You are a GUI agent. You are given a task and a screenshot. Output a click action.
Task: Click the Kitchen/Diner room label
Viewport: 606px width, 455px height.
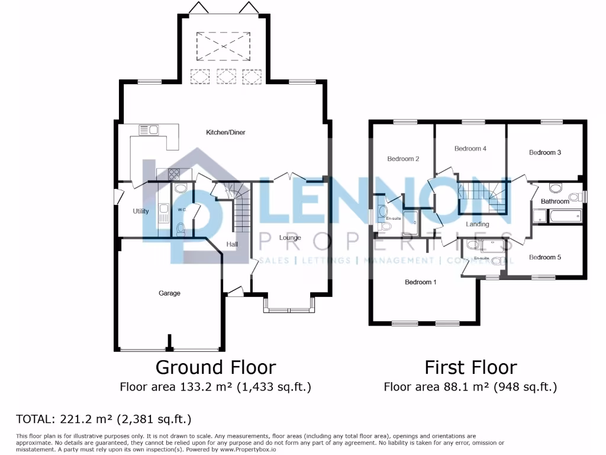[x=225, y=132]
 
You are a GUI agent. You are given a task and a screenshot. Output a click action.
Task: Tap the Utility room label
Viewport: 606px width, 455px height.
[x=141, y=211]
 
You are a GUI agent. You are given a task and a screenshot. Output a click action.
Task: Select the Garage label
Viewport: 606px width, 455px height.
[x=169, y=293]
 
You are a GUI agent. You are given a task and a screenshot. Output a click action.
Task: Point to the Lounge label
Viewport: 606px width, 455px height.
[x=290, y=238]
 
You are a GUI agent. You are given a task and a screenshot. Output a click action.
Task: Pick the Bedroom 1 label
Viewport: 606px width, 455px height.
[x=421, y=282]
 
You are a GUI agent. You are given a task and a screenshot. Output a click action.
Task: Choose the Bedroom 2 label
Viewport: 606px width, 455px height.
[x=403, y=159]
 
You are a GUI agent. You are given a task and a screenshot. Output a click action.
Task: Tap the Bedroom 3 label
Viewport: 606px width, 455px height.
[x=545, y=152]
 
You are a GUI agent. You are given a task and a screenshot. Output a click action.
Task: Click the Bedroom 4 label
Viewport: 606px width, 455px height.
[x=470, y=149]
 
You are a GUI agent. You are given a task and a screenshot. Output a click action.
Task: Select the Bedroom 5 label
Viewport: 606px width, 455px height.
[x=545, y=257]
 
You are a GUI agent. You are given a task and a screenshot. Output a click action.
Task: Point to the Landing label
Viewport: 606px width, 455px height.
[x=478, y=225]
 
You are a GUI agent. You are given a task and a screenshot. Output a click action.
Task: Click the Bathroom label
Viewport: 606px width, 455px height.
[x=555, y=201]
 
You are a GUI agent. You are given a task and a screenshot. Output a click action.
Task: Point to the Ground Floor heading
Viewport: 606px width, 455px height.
[x=215, y=367]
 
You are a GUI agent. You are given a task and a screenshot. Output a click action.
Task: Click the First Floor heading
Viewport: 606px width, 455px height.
[x=470, y=367]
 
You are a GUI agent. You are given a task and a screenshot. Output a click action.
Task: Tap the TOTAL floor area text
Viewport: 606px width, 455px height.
[x=104, y=419]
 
